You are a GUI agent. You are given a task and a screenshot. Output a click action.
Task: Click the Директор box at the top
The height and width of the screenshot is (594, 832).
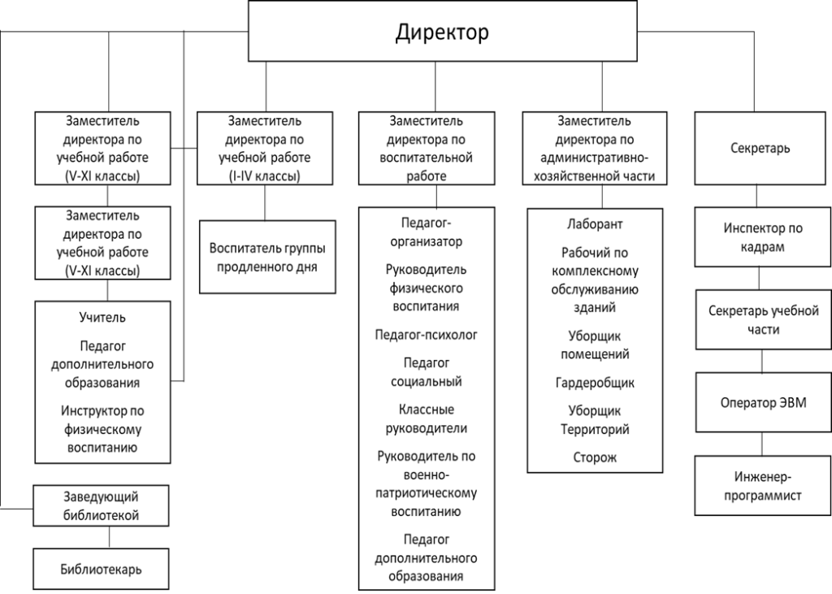coord(443,31)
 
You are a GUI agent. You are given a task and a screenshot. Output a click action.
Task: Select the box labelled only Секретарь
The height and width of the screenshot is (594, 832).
coord(760,148)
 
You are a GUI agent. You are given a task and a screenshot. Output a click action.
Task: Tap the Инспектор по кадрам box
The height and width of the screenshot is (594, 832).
coord(762,236)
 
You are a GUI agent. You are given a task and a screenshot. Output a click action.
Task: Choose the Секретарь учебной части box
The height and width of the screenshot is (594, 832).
coord(764,319)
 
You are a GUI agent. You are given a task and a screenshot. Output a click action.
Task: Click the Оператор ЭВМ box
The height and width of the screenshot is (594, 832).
coord(764,402)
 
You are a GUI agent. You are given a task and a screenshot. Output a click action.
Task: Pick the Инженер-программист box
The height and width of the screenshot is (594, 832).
coord(762,485)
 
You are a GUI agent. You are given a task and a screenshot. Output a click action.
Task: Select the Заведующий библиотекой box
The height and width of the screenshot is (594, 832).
coord(101,505)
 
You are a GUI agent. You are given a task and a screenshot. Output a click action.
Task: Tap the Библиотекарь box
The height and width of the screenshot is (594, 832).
coord(101,569)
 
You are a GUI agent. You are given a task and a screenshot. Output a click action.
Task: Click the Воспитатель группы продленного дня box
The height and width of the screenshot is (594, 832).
coord(267,257)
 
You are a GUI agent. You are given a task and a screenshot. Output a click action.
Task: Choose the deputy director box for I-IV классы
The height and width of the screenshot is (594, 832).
coord(265,148)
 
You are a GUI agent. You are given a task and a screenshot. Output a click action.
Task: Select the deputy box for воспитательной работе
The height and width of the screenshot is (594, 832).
coord(427,148)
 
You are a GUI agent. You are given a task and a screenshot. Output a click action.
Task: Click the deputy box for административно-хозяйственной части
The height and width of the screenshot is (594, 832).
coord(594,148)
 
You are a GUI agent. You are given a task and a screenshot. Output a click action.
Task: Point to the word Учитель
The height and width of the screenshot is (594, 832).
coord(102,318)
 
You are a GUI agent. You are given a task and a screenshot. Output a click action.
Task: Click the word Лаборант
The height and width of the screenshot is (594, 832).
coord(595,224)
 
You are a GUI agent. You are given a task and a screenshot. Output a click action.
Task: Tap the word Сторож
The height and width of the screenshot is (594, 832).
coord(595,457)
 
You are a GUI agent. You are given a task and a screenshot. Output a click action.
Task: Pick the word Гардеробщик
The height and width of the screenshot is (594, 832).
coord(595,382)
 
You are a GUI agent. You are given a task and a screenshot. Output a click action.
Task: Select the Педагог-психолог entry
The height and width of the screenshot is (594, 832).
coord(426,335)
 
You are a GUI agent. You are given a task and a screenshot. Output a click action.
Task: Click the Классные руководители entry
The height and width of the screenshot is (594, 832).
coord(426,418)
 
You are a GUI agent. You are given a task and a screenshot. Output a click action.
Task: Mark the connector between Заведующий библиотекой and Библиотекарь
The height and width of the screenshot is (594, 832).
coord(110,537)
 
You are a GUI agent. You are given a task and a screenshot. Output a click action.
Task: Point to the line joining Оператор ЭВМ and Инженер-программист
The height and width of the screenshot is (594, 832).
coord(762,444)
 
